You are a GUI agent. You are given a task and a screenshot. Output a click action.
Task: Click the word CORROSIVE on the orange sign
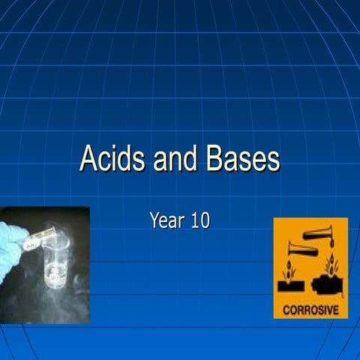[x=310, y=308]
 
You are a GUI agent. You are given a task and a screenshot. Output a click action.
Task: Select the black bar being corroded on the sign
[x=291, y=286]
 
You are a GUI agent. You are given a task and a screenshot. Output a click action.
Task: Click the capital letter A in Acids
[x=88, y=160]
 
